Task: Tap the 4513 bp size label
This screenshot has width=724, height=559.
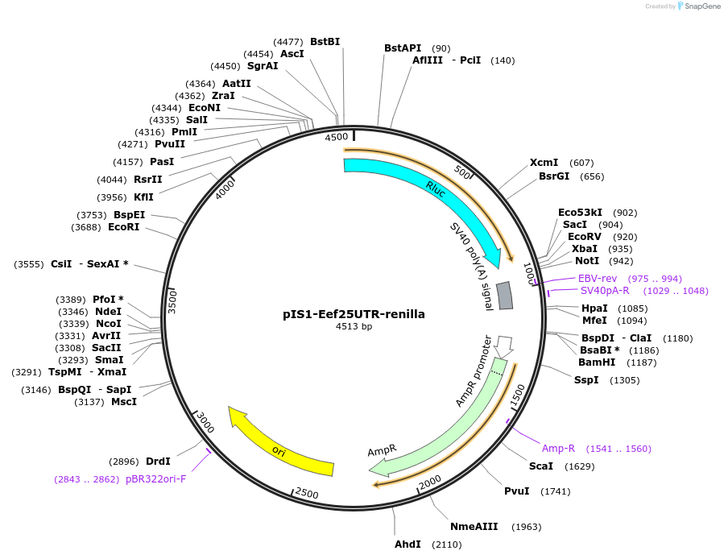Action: (x=354, y=327)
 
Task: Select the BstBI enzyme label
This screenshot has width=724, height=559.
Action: (x=325, y=42)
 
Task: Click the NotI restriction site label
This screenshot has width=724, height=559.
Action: (x=587, y=261)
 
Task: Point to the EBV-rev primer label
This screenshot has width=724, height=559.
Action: (x=598, y=278)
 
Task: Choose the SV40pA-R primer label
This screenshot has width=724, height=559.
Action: (x=605, y=291)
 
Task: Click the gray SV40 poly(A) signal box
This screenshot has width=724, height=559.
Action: (x=505, y=296)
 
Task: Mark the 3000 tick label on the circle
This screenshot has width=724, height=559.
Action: (x=205, y=423)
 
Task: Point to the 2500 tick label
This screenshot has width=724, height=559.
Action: (x=307, y=493)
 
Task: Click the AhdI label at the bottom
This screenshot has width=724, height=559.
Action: (x=408, y=545)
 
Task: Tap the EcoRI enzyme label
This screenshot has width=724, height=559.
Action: (x=123, y=227)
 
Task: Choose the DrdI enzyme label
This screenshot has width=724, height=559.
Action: (x=158, y=462)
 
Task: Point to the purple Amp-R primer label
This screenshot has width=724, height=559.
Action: (x=558, y=449)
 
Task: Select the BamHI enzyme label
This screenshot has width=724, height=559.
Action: (x=597, y=362)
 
